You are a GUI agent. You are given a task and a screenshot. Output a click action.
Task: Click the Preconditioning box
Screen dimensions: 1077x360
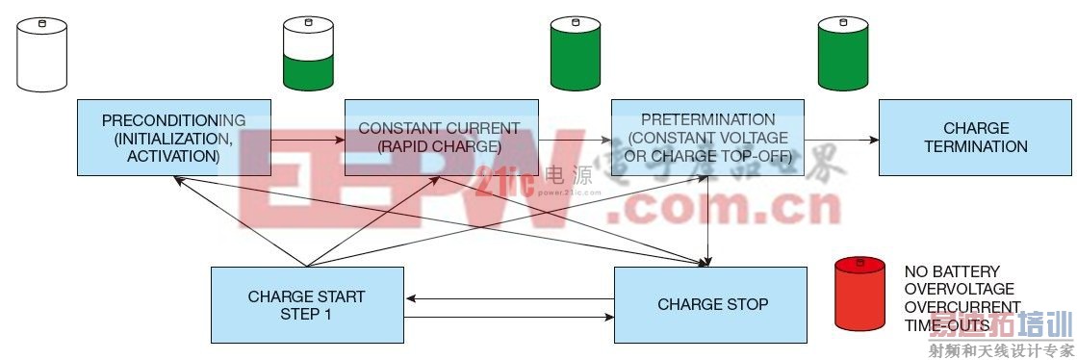coord(173,137)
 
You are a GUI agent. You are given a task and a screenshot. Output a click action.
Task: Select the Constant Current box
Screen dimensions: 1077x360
coord(440,137)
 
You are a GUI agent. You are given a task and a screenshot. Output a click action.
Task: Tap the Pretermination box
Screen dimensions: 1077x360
coord(707,137)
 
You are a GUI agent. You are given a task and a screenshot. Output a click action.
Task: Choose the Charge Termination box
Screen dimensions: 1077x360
coord(976,137)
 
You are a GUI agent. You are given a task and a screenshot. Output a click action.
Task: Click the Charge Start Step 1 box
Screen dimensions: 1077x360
coord(306,304)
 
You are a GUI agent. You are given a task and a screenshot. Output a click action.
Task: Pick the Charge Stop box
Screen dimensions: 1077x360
coord(711,304)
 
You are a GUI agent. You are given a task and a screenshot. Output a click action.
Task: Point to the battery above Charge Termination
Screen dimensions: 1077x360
coord(841,54)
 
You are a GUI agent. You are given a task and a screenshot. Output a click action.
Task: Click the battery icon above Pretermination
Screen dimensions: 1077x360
coord(574,54)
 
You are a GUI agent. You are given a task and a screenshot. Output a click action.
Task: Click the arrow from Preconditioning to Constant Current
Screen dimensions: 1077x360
coord(308,140)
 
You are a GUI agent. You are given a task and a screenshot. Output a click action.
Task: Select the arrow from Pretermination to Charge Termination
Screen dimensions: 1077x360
coord(842,140)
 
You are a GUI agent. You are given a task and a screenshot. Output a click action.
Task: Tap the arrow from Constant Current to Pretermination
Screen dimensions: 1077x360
coord(575,140)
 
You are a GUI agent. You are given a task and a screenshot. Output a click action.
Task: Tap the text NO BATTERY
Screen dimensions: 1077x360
coord(938,271)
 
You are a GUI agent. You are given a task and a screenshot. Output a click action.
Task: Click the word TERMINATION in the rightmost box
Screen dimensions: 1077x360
coord(976,146)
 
